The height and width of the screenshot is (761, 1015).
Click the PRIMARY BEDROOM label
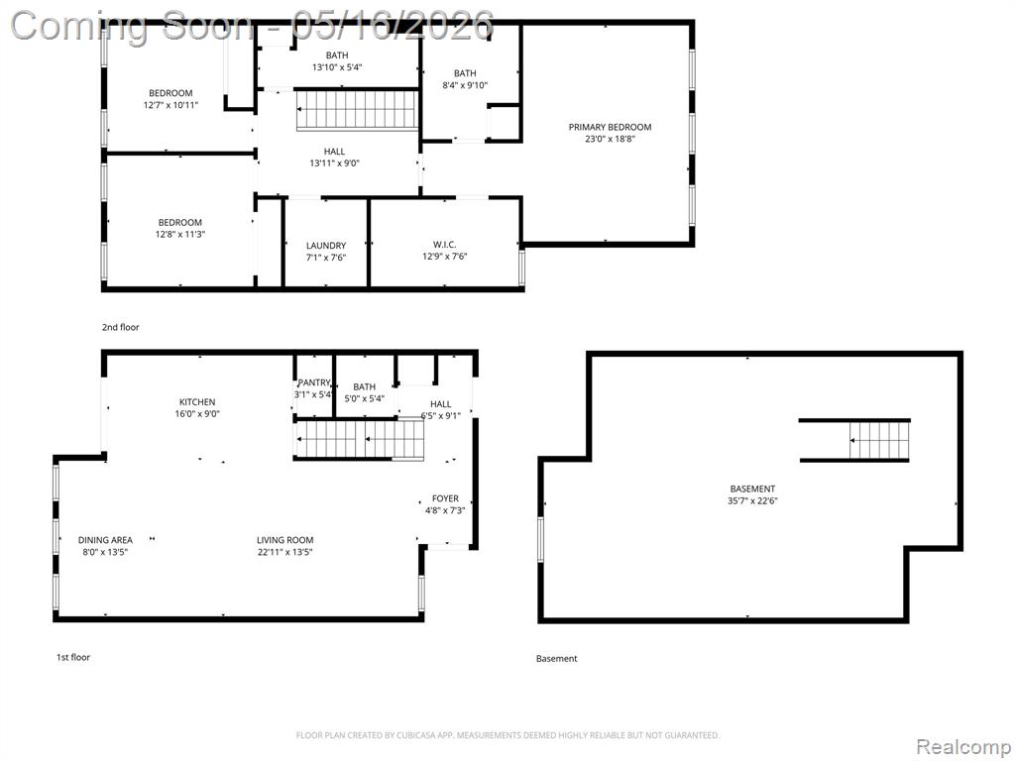pyautogui.click(x=610, y=127)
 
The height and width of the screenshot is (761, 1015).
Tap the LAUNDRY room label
pyautogui.click(x=325, y=246)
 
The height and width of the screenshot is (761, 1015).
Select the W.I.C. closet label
pyautogui.click(x=445, y=244)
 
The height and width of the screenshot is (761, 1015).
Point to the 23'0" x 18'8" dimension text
pyautogui.click(x=610, y=139)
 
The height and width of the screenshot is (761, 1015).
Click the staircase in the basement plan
pyautogui.click(x=880, y=440)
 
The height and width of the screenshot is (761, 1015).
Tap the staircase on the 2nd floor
pyautogui.click(x=357, y=110)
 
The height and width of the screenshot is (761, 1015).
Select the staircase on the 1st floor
pyautogui.click(x=360, y=439)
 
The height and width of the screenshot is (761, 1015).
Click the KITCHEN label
pyautogui.click(x=197, y=402)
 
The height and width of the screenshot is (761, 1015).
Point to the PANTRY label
pyautogui.click(x=314, y=382)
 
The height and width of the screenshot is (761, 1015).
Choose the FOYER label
pyautogui.click(x=445, y=498)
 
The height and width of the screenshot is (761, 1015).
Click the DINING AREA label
pyautogui.click(x=105, y=540)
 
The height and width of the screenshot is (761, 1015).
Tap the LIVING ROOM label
pyautogui.click(x=284, y=540)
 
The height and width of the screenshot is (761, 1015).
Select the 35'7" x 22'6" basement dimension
pyautogui.click(x=752, y=500)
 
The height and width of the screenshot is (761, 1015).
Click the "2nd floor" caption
pyautogui.click(x=120, y=327)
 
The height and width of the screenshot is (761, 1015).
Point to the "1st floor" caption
pyautogui.click(x=73, y=657)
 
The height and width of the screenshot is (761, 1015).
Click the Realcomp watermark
pyautogui.click(x=964, y=746)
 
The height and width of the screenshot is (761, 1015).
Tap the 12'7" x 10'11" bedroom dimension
pyautogui.click(x=170, y=105)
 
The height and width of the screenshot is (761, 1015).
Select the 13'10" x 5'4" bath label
pyautogui.click(x=337, y=66)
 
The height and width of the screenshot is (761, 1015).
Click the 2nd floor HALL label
pyautogui.click(x=335, y=152)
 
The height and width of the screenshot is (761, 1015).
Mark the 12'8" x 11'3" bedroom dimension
pyautogui.click(x=180, y=234)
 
